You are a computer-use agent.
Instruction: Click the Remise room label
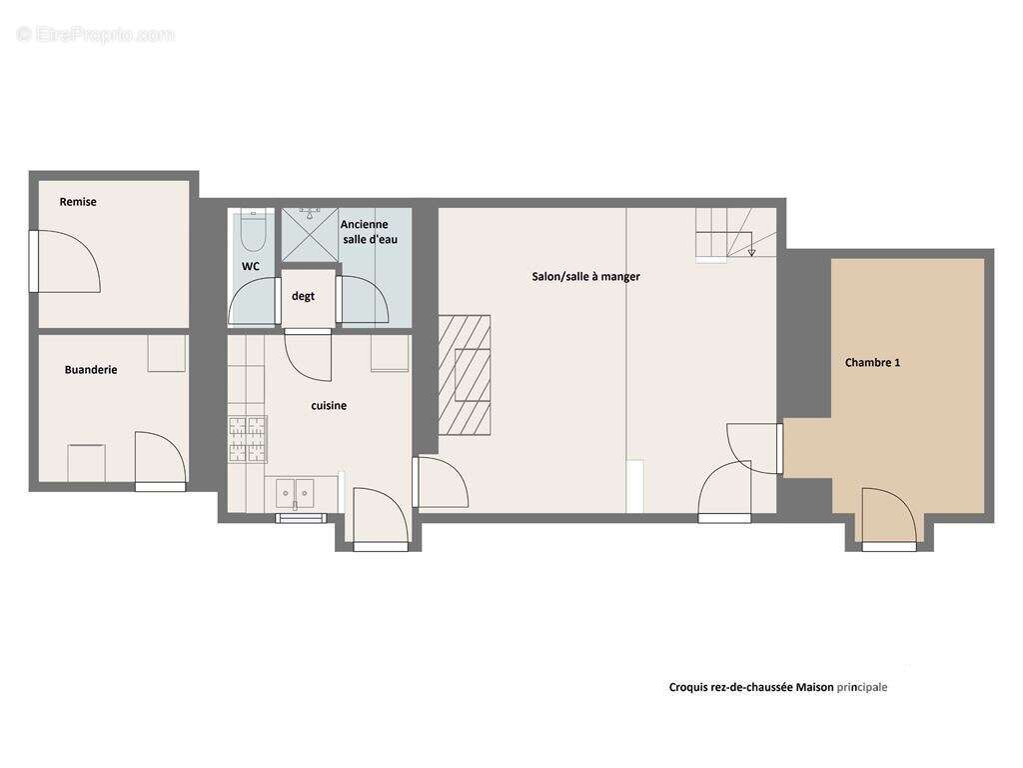tap(78, 202)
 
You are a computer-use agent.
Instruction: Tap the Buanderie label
tap(91, 370)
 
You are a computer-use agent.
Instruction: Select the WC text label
tap(251, 266)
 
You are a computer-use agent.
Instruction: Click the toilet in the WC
tap(253, 231)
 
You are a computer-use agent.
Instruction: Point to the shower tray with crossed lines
tap(310, 235)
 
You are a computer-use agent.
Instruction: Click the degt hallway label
tap(303, 296)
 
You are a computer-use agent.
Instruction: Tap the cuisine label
tap(329, 406)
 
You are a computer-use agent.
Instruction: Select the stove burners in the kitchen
tap(248, 439)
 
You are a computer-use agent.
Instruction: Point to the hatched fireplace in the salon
tap(465, 375)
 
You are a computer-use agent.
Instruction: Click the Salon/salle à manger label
tap(585, 276)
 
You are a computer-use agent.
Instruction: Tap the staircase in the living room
tap(735, 234)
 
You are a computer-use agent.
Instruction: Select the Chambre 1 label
tap(872, 362)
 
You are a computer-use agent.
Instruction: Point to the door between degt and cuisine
tap(309, 356)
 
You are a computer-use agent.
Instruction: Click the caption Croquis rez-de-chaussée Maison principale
tap(777, 687)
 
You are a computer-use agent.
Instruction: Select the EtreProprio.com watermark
tap(96, 35)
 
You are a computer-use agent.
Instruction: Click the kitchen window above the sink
tap(300, 518)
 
